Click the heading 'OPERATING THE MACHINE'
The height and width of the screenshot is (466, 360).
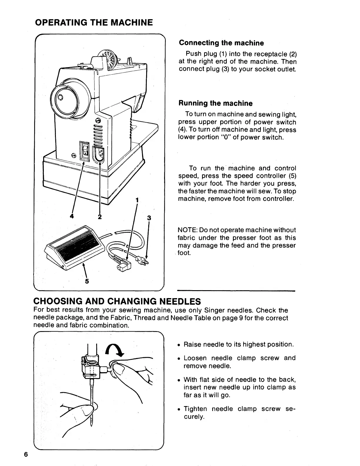click(94, 22)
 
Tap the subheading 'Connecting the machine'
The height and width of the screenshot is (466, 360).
click(221, 43)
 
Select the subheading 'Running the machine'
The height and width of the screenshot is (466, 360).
click(216, 103)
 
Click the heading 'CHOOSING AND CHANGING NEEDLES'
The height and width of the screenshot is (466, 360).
click(117, 301)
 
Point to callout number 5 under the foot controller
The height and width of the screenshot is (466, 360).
click(87, 281)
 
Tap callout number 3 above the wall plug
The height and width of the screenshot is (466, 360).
click(149, 218)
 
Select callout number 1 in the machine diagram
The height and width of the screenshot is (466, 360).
click(137, 200)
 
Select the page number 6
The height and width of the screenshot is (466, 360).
click(26, 454)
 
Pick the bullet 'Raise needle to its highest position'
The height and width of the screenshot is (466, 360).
click(238, 344)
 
